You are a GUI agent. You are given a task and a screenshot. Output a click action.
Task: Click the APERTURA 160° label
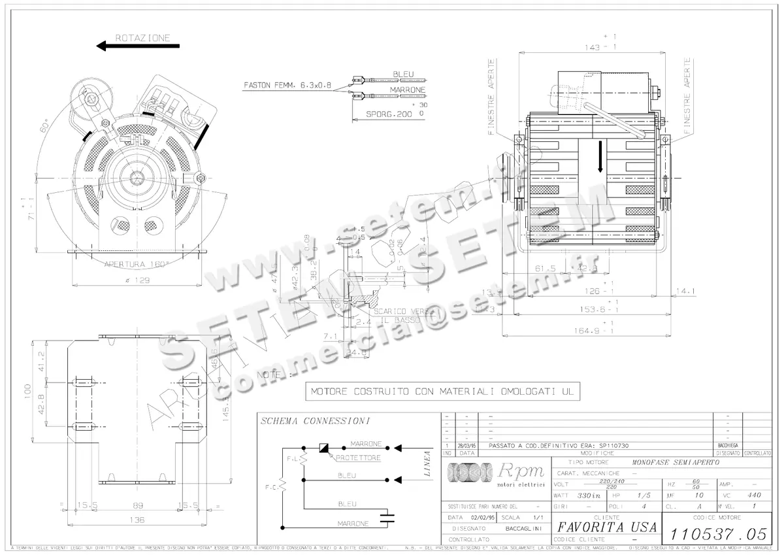(137, 265)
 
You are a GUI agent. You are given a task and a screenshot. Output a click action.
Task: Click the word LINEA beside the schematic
(426, 463)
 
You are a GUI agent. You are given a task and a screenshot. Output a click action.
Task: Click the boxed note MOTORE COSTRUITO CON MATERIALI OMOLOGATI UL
(442, 392)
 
